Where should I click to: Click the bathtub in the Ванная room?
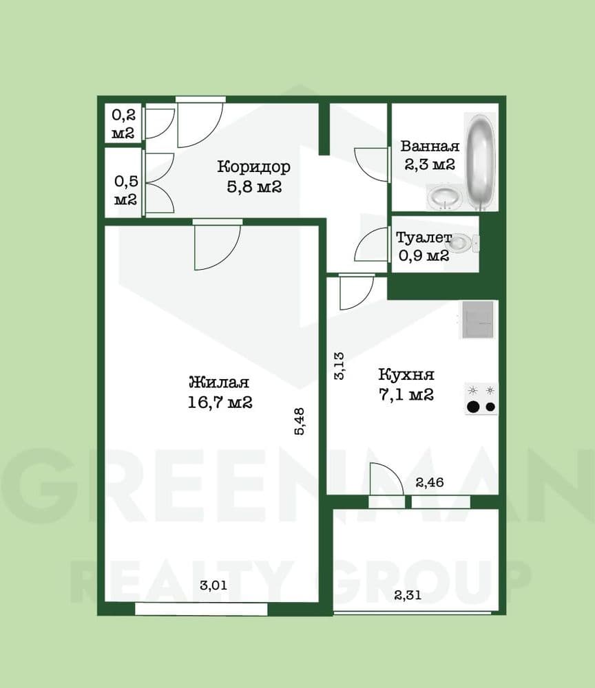click(x=481, y=162)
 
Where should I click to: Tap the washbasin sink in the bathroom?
click(x=444, y=196)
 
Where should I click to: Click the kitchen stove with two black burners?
click(x=481, y=398)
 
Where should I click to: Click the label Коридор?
click(x=254, y=166)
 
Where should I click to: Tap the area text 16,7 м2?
click(x=220, y=402)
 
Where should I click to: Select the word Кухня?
click(x=406, y=374)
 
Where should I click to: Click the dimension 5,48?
click(x=300, y=422)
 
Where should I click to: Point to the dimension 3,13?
click(x=340, y=366)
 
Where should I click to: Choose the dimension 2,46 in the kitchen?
click(x=430, y=483)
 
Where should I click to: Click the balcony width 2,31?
click(x=408, y=595)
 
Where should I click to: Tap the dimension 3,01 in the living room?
click(x=213, y=585)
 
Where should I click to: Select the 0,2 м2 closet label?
click(x=123, y=124)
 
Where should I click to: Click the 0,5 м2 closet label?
click(x=125, y=190)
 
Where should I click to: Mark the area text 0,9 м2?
click(x=424, y=255)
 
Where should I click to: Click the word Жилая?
click(x=219, y=382)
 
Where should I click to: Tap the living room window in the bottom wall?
click(x=201, y=609)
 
